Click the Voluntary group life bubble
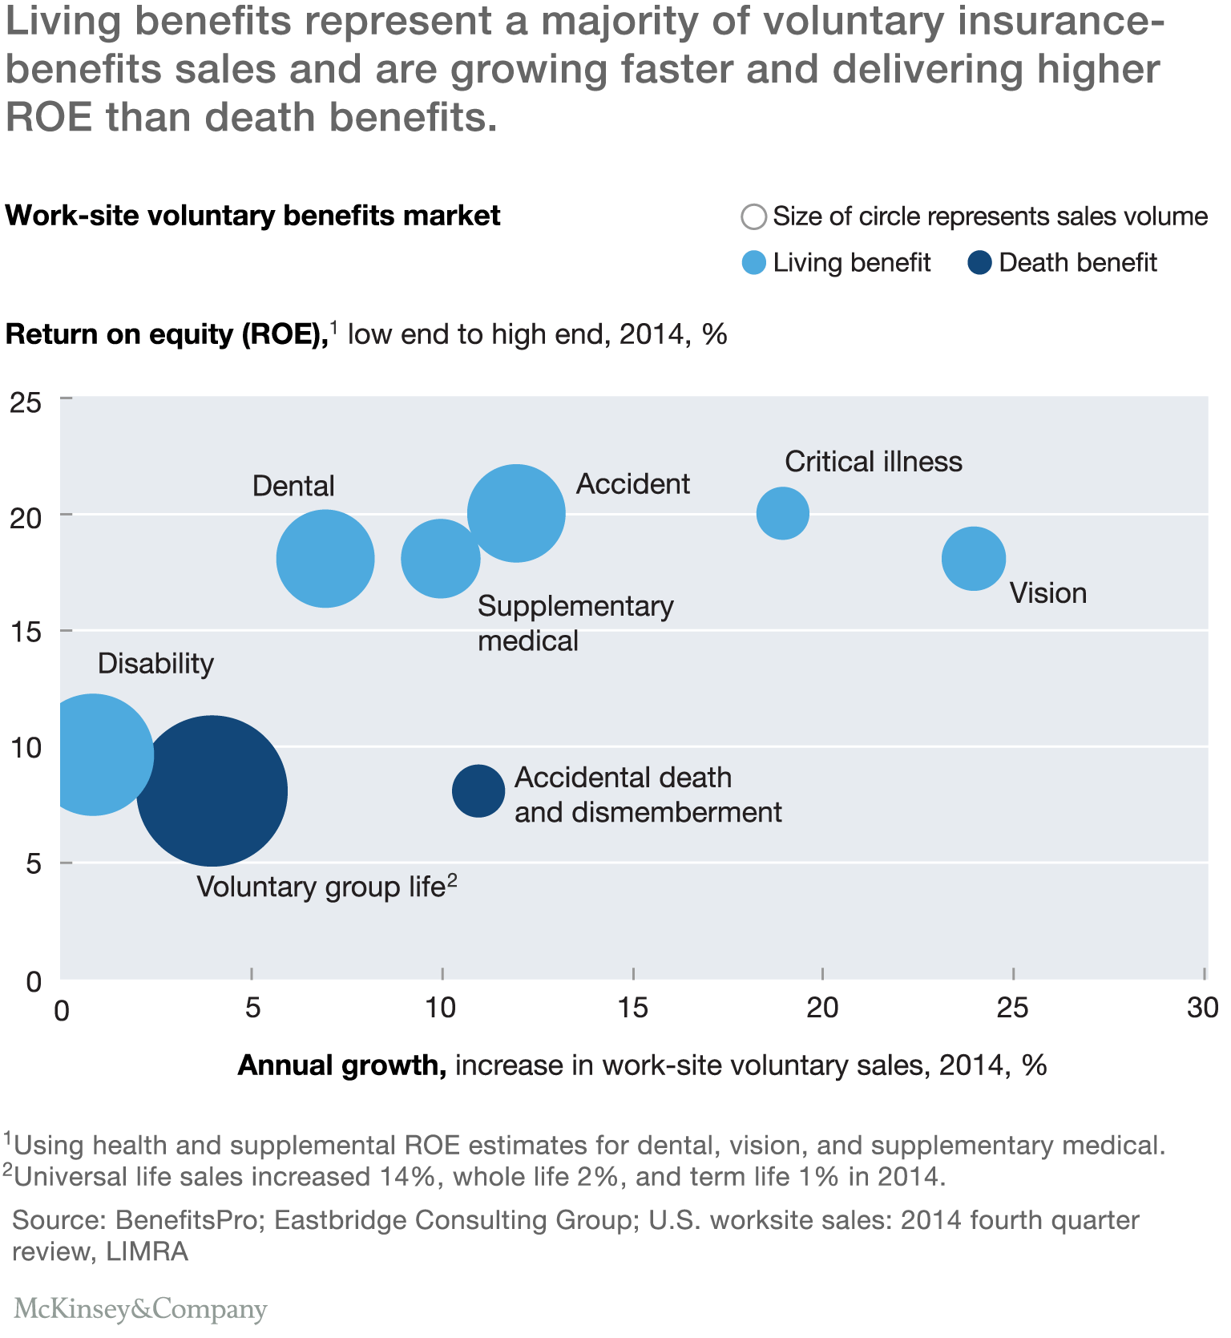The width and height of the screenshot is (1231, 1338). pyautogui.click(x=212, y=790)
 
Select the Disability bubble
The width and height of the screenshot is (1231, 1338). pyautogui.click(x=95, y=754)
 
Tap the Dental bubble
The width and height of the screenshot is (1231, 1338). pyautogui.click(x=325, y=558)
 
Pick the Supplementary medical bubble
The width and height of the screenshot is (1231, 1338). pyautogui.click(x=440, y=558)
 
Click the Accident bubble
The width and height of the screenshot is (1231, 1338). pyautogui.click(x=517, y=513)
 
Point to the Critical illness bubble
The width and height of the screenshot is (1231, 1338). pyautogui.click(x=783, y=513)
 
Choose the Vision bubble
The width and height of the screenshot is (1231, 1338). pyautogui.click(x=973, y=558)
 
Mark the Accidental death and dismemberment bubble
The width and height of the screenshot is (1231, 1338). pyautogui.click(x=478, y=790)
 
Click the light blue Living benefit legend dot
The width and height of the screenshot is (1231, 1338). pyautogui.click(x=754, y=263)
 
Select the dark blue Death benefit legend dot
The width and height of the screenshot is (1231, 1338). pyautogui.click(x=980, y=263)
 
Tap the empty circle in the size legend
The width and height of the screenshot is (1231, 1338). pyautogui.click(x=754, y=216)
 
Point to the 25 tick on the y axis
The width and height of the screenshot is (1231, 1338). pyautogui.click(x=26, y=402)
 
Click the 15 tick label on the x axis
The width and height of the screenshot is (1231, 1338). pyautogui.click(x=633, y=1008)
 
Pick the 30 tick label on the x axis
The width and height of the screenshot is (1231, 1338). pyautogui.click(x=1202, y=1008)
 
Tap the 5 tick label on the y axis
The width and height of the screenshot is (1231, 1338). pyautogui.click(x=32, y=865)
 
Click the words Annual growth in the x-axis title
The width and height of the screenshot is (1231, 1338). pyautogui.click(x=342, y=1065)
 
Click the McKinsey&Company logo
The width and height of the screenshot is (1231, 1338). pyautogui.click(x=140, y=1309)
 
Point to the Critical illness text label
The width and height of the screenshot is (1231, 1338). pyautogui.click(x=873, y=462)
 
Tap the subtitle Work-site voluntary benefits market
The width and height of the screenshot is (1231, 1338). pyautogui.click(x=253, y=216)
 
